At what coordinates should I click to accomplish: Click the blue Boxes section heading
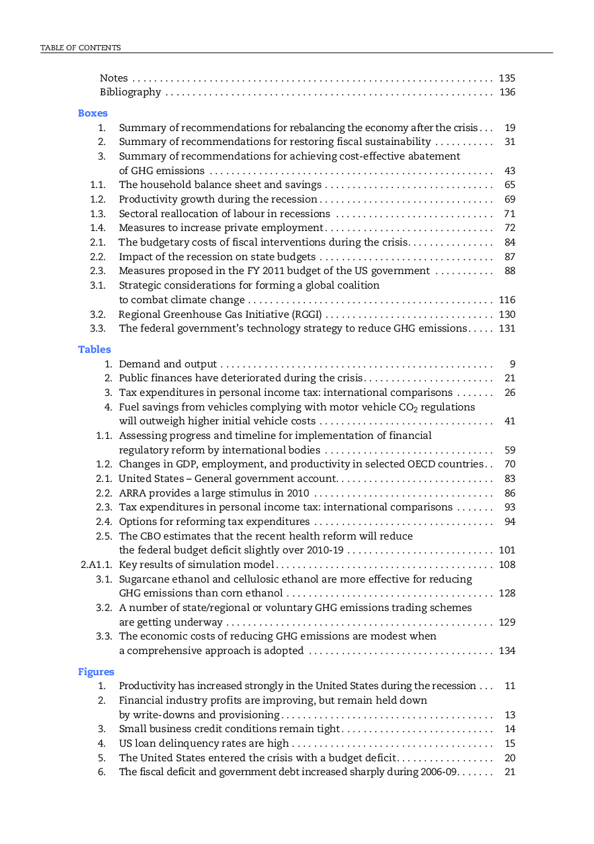(93, 113)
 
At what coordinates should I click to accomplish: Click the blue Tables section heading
(95, 350)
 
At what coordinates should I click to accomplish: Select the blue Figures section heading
(96, 672)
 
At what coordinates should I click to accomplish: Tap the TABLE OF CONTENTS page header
(81, 48)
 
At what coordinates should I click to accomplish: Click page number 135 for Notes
(507, 78)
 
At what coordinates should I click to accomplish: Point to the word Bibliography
(130, 92)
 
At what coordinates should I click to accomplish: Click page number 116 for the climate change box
(507, 300)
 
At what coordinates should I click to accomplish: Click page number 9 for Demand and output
(512, 364)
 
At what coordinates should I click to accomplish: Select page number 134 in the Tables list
(507, 651)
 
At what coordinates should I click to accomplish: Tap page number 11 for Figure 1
(509, 686)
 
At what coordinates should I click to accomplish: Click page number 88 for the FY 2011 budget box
(509, 271)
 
